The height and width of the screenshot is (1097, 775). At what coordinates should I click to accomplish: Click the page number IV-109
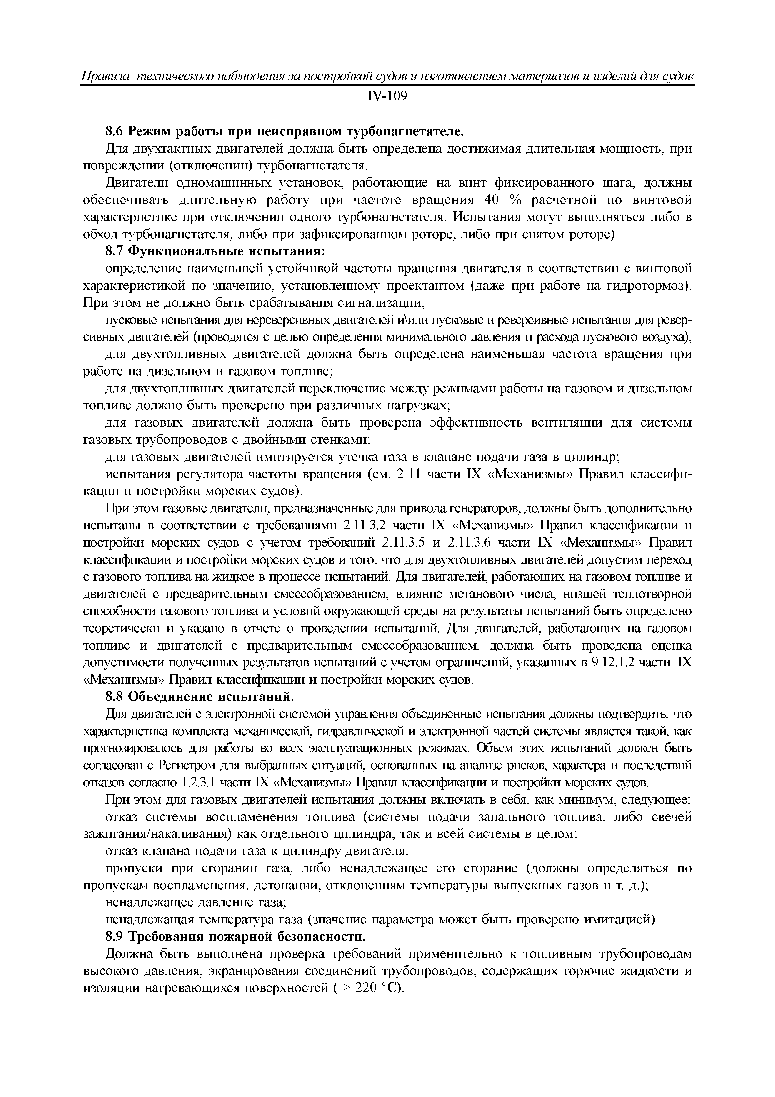[387, 97]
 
